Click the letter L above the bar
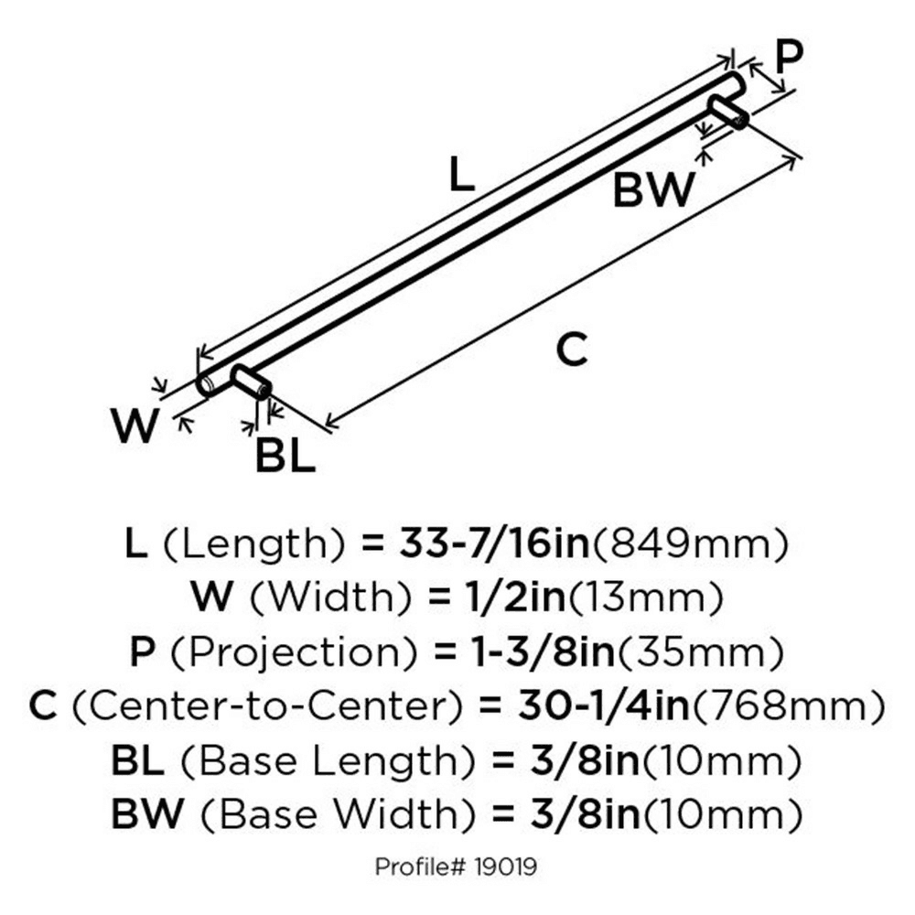[x=462, y=174]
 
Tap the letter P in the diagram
[x=788, y=57]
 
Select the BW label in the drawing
[x=653, y=191]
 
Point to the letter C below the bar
[x=572, y=350]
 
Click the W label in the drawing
[x=135, y=426]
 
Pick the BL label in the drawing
[x=285, y=457]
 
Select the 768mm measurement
[x=794, y=707]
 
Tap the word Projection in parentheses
[x=287, y=653]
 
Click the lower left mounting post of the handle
[x=250, y=382]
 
